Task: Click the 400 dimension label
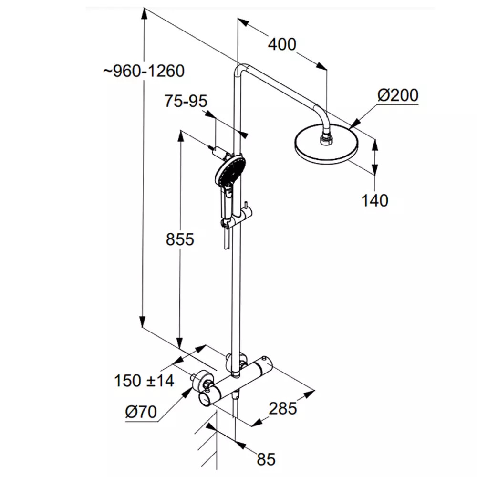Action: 282,45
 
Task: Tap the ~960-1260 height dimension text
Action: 144,71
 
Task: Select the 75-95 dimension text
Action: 186,101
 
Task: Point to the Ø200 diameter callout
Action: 398,95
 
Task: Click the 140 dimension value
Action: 375,200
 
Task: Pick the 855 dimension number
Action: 180,239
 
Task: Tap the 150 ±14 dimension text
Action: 144,381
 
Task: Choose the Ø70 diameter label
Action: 141,412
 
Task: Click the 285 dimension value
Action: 282,408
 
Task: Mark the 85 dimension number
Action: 266,459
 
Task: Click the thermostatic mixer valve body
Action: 240,380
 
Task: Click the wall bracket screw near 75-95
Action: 212,148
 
